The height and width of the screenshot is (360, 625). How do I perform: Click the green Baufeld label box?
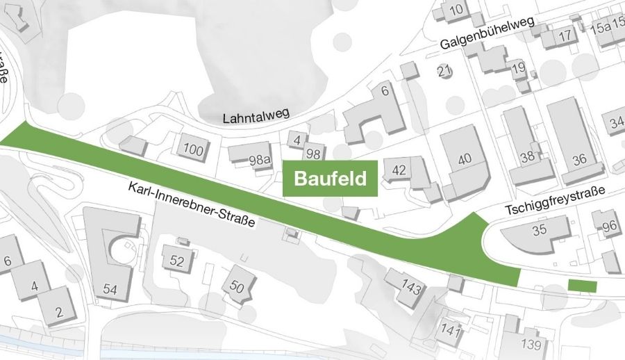[331, 179]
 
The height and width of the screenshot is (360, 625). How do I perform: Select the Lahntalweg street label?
[255, 116]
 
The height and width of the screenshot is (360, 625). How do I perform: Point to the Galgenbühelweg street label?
[486, 33]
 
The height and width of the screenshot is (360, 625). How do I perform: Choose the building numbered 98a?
[258, 160]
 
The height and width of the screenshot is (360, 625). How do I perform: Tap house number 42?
[399, 170]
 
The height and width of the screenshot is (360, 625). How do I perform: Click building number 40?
[465, 158]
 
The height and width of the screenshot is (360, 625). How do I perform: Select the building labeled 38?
[528, 156]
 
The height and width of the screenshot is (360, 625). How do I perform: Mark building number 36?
[579, 159]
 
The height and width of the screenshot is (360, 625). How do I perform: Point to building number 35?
[540, 231]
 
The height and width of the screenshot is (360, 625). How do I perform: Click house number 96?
[610, 226]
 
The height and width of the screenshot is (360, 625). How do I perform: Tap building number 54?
[110, 288]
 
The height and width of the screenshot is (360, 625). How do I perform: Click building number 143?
[412, 288]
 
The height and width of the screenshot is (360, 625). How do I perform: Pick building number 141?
[451, 329]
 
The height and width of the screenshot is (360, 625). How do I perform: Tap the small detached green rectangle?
[582, 286]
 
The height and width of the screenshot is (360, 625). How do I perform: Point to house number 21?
[444, 70]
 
